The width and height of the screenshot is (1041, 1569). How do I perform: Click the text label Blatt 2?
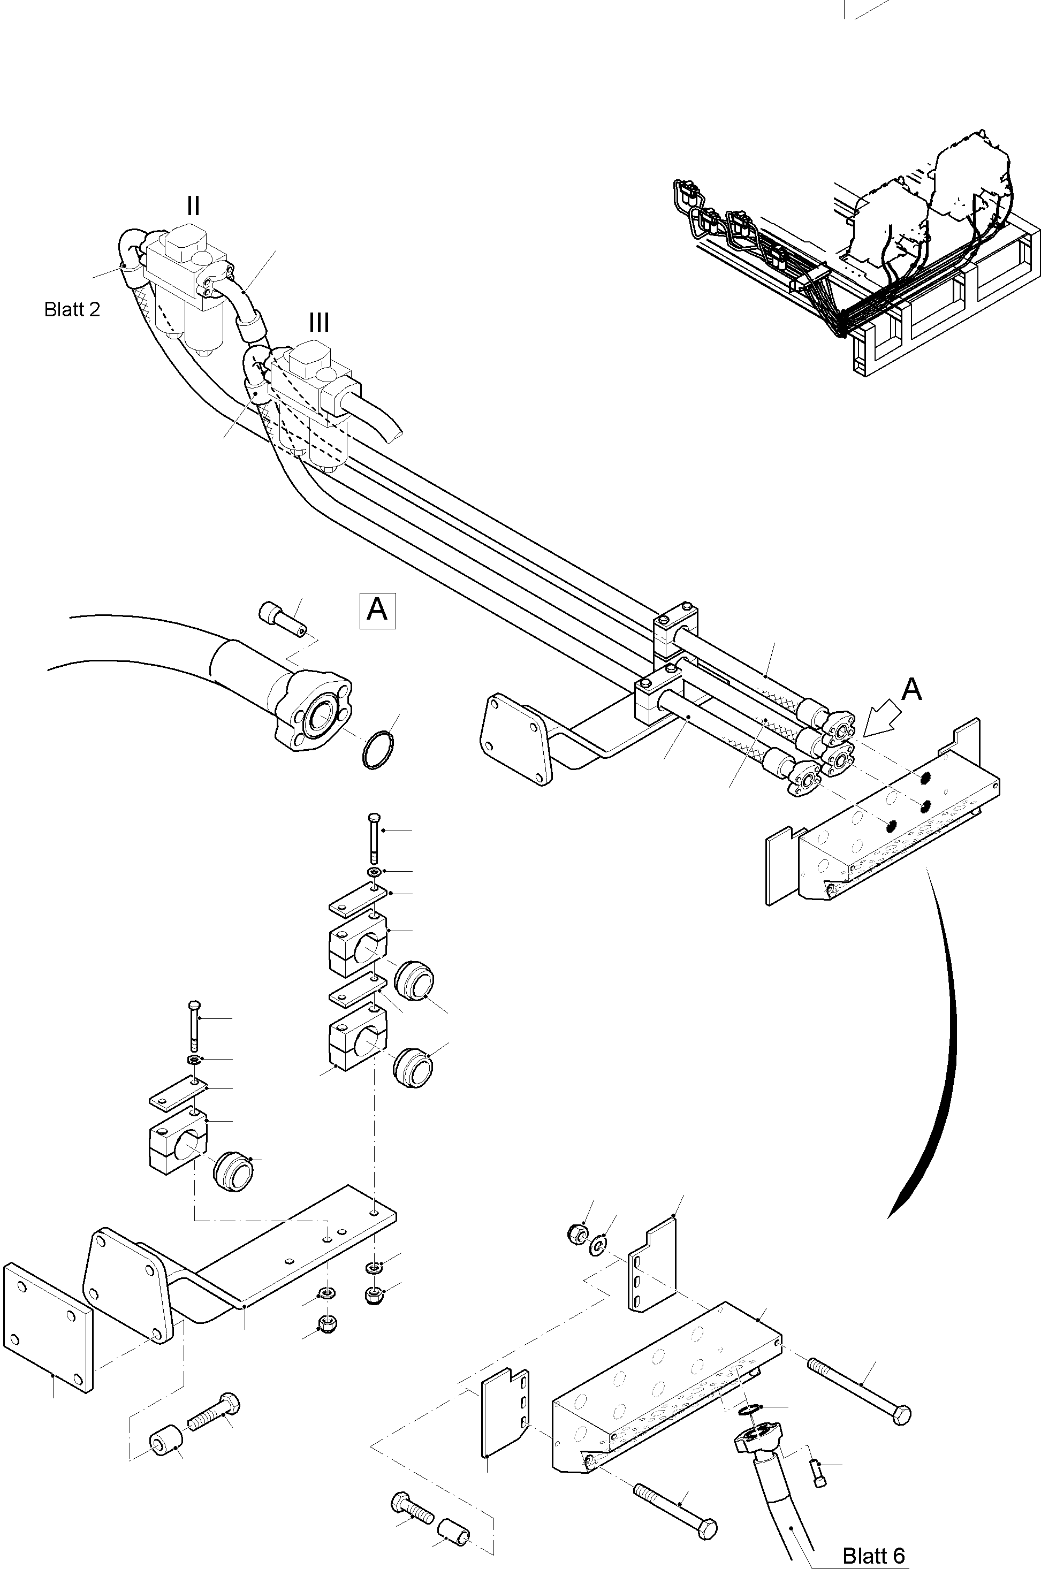click(x=72, y=309)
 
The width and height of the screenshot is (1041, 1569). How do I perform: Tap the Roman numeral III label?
click(x=318, y=323)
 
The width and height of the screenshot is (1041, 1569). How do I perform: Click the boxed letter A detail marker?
click(x=377, y=610)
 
